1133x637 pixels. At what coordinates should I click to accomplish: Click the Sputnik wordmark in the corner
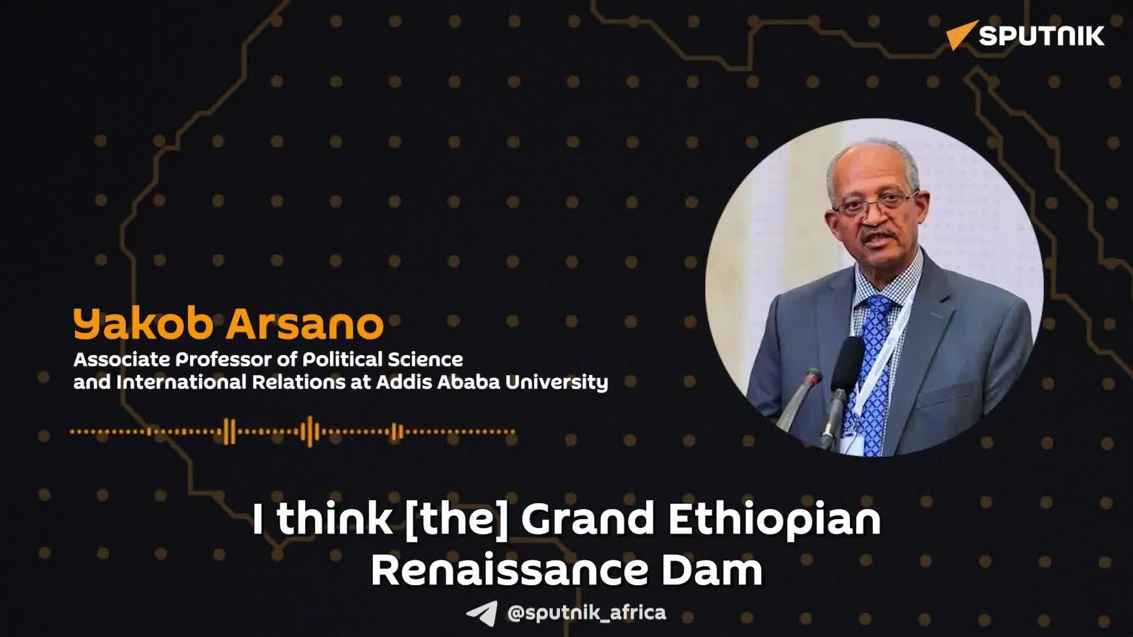1042,36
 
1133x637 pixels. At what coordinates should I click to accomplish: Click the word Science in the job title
425,359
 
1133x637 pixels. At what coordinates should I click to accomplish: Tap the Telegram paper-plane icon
481,614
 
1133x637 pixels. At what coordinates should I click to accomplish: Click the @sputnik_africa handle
587,612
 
